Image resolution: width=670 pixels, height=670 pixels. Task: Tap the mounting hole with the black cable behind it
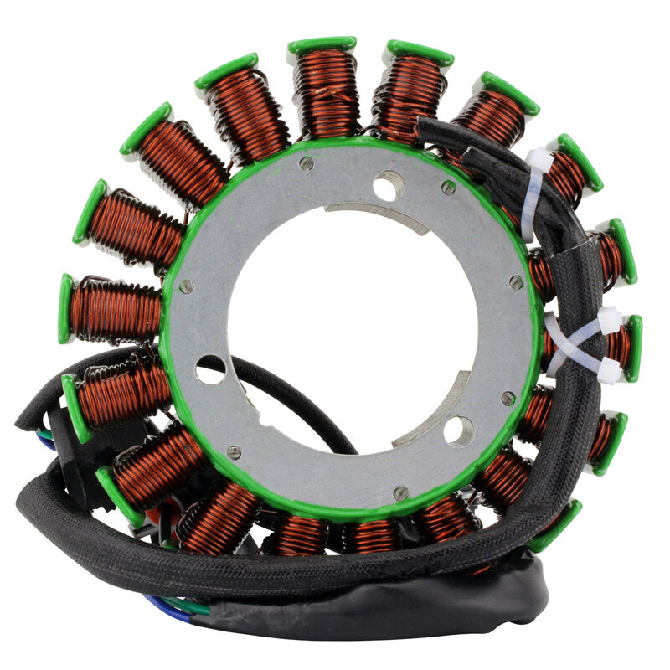pyautogui.click(x=210, y=369)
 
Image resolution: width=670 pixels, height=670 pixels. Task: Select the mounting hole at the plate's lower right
pyautogui.click(x=459, y=430)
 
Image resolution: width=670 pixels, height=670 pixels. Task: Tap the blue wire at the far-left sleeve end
pyautogui.click(x=45, y=442)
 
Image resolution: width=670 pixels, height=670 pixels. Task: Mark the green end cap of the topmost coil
pyautogui.click(x=322, y=44)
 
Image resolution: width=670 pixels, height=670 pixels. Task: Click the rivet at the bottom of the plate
pyautogui.click(x=400, y=492)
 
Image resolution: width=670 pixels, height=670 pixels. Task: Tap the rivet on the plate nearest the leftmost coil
pyautogui.click(x=186, y=286)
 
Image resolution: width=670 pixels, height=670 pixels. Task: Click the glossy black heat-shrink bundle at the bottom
pyautogui.click(x=377, y=607)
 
